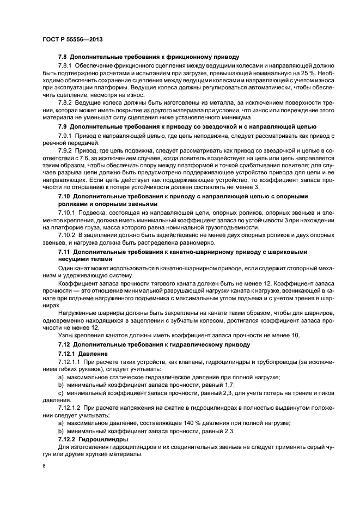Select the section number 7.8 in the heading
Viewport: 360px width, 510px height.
click(63, 57)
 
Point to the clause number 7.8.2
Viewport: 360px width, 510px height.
click(67, 103)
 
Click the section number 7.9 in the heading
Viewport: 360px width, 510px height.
click(63, 126)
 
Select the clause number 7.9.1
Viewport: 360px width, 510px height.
click(67, 135)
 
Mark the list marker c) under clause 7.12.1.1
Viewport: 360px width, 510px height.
click(61, 393)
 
